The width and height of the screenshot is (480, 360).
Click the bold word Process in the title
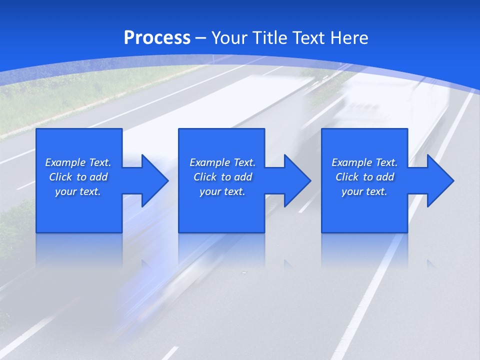tap(157, 38)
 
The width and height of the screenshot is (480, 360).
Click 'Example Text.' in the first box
tap(78, 162)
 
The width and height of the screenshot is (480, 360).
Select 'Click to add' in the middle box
tap(223, 177)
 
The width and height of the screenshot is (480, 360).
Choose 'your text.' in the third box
tap(364, 191)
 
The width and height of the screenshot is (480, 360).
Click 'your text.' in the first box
tap(78, 191)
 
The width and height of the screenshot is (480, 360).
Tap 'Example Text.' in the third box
tap(364, 162)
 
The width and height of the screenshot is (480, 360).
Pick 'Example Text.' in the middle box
tap(222, 162)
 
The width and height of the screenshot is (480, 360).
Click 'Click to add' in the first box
tap(78, 177)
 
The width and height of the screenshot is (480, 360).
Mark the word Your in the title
tap(229, 38)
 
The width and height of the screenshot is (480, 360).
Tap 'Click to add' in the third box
tap(365, 177)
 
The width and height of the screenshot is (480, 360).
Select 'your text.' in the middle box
tap(222, 191)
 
